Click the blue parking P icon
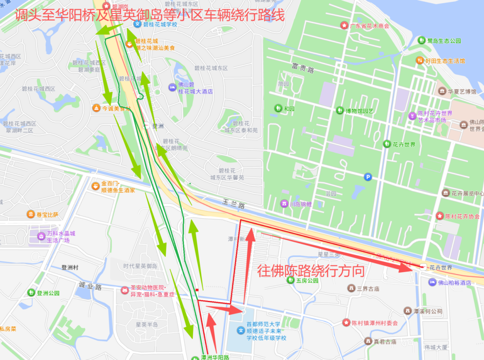coord(368,177)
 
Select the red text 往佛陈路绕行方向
coord(310,271)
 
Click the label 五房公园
coord(307,281)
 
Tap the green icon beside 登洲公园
coord(31,293)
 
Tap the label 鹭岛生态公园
coord(444,41)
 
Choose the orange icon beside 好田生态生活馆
coord(419,61)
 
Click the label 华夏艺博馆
coord(462,91)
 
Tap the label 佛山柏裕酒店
coord(454,282)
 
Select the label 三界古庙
coord(367,288)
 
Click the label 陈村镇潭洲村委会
coord(375,323)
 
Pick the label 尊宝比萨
coord(47,215)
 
